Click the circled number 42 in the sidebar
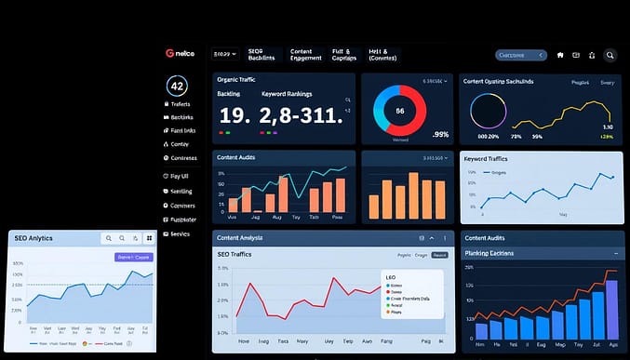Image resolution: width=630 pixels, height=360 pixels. (x=177, y=86)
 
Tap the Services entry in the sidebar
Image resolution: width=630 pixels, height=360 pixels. (x=177, y=233)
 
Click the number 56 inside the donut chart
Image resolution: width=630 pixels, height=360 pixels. (x=399, y=111)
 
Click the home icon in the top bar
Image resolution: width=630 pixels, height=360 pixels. (x=560, y=55)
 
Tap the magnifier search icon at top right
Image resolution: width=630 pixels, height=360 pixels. (x=610, y=55)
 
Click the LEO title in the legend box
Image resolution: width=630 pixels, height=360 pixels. (x=389, y=276)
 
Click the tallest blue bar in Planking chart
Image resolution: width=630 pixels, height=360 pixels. (x=610, y=306)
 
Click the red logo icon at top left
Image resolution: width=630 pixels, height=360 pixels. (x=168, y=54)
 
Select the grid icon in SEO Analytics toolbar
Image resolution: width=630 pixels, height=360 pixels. (x=148, y=238)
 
